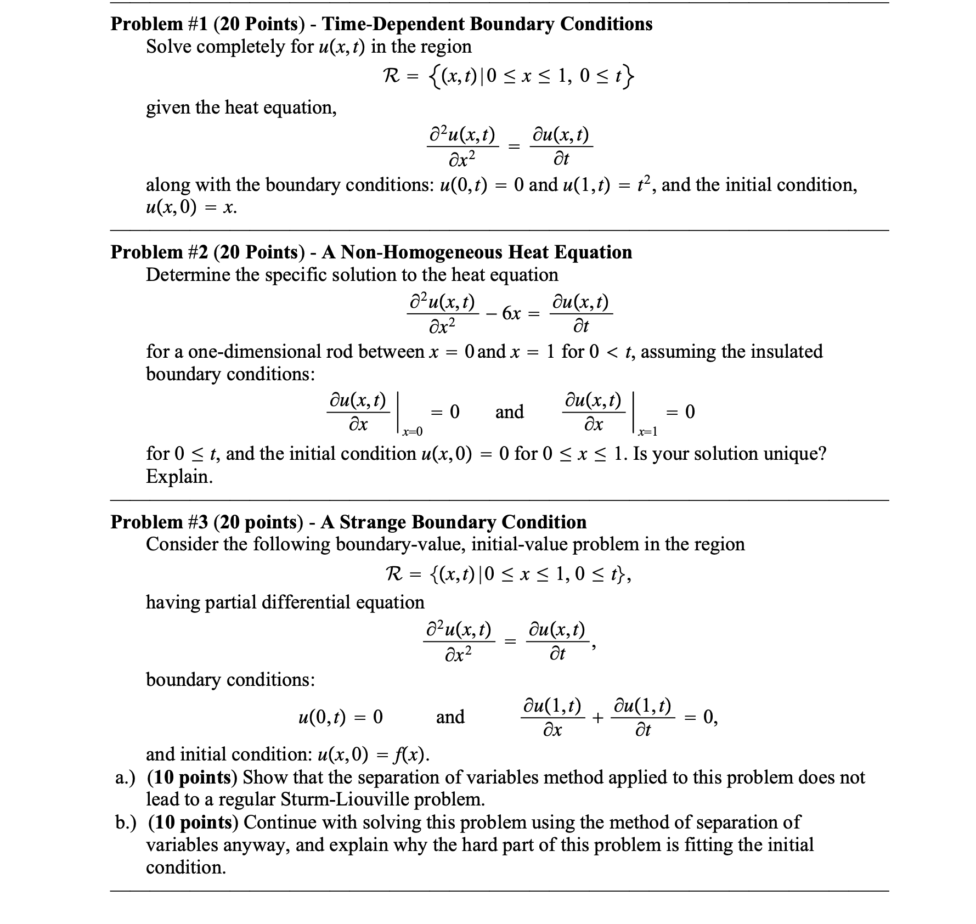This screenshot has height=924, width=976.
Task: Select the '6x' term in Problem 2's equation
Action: [511, 313]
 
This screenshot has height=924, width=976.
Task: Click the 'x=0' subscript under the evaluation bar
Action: [412, 432]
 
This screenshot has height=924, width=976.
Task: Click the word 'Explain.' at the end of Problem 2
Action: [179, 476]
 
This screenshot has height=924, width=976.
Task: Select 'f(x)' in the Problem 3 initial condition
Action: [411, 754]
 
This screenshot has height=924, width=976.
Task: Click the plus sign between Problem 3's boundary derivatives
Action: [597, 717]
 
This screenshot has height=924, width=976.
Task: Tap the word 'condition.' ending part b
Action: [185, 867]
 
